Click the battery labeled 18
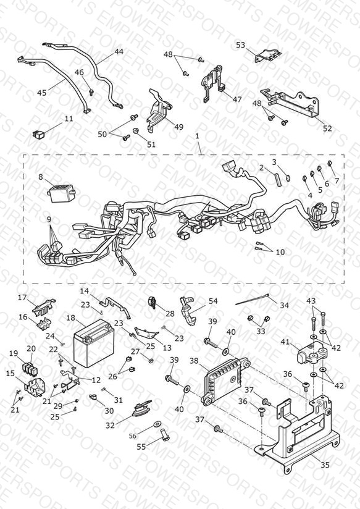pos(93,343)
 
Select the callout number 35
pos(325,465)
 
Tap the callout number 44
pos(119,51)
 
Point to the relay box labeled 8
pos(61,193)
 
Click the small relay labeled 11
pos(38,133)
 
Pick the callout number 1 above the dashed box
pos(197,136)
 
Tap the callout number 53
pos(241,45)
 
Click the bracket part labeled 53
pos(267,56)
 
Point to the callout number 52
pos(327,128)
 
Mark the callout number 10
pos(280,251)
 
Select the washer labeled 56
pos(157,424)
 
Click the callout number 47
pos(237,99)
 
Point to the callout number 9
pos(49,220)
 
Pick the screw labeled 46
pos(91,92)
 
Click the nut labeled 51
pos(136,131)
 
